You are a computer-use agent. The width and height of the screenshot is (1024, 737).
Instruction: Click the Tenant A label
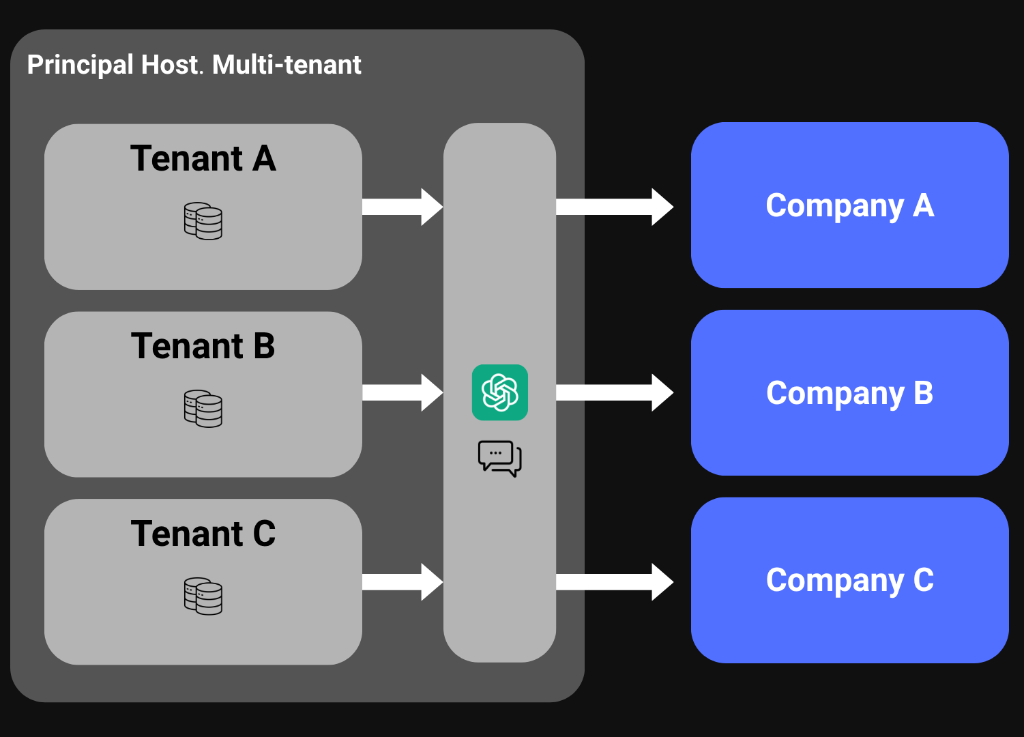(203, 159)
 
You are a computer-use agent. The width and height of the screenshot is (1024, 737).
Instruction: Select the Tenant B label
(203, 346)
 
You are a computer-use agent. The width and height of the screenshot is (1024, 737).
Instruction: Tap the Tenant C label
(203, 534)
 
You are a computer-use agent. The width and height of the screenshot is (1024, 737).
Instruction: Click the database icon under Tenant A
(203, 221)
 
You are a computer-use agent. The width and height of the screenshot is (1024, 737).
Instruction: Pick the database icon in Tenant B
(203, 409)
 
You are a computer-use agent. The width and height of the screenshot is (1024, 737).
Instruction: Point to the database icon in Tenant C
(203, 596)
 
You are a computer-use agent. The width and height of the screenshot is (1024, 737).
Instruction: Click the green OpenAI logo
(500, 392)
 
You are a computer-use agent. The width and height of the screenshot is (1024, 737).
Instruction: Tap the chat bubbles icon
(500, 458)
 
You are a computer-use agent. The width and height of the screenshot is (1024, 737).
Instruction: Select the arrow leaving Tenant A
(403, 207)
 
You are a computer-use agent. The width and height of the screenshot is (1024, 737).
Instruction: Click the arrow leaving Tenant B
(403, 392)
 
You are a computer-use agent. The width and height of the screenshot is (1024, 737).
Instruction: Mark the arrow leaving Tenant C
(403, 582)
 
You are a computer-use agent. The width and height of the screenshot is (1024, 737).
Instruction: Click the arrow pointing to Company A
(614, 207)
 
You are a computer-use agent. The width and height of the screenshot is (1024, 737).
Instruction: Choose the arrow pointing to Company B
(614, 392)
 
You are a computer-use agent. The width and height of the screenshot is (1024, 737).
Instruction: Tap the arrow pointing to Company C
(614, 582)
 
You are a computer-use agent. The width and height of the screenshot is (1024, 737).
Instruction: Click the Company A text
(849, 206)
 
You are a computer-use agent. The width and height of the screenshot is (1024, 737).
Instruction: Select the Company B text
(849, 394)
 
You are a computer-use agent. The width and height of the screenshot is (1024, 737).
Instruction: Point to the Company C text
(849, 581)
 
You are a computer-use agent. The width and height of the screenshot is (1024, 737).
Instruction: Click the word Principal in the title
(80, 66)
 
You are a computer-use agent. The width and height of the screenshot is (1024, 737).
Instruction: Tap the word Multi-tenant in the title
(287, 66)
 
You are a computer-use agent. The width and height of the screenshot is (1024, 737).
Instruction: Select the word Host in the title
(171, 66)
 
